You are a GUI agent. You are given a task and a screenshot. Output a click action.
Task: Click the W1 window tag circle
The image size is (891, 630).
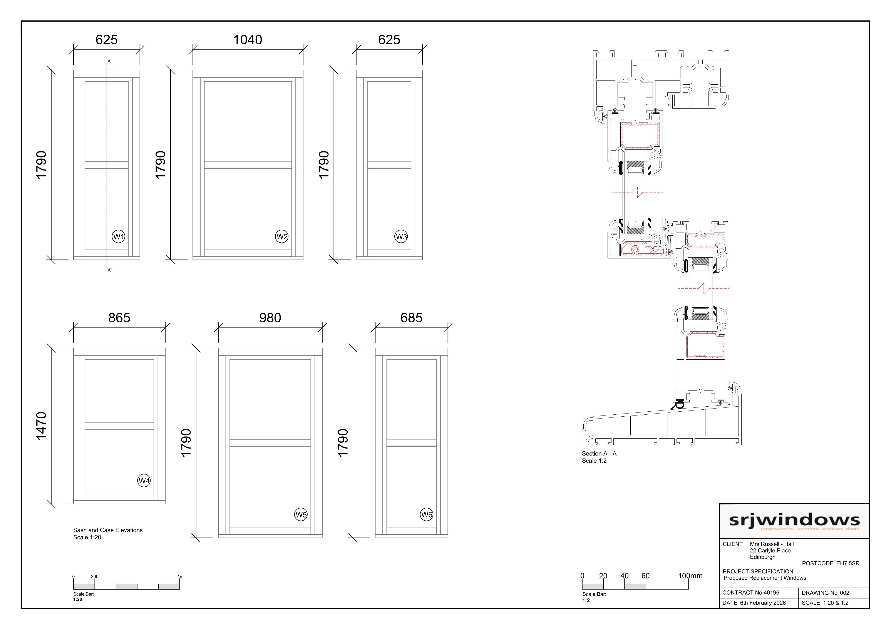(x=118, y=236)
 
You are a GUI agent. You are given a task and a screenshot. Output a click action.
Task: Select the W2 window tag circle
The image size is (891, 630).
(x=282, y=236)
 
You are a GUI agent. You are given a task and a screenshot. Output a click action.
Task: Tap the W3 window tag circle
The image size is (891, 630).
(x=401, y=236)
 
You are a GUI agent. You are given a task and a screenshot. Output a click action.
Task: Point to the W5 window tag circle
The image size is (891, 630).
(x=301, y=515)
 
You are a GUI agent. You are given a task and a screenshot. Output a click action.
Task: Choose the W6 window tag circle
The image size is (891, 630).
(x=427, y=515)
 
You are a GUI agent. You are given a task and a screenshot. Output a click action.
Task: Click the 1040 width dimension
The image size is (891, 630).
(x=248, y=40)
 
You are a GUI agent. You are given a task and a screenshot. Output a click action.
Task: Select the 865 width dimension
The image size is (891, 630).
(x=119, y=318)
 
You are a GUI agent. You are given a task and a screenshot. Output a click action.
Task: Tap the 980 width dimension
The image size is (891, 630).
(x=270, y=318)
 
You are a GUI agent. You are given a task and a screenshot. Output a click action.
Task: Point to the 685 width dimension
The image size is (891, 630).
(x=411, y=318)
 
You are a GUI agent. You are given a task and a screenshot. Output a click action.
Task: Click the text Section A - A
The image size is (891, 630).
(x=599, y=453)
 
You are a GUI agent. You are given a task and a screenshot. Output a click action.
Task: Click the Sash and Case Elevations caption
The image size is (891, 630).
(x=108, y=530)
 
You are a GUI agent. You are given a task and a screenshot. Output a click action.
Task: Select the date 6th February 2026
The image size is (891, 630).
(x=763, y=603)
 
